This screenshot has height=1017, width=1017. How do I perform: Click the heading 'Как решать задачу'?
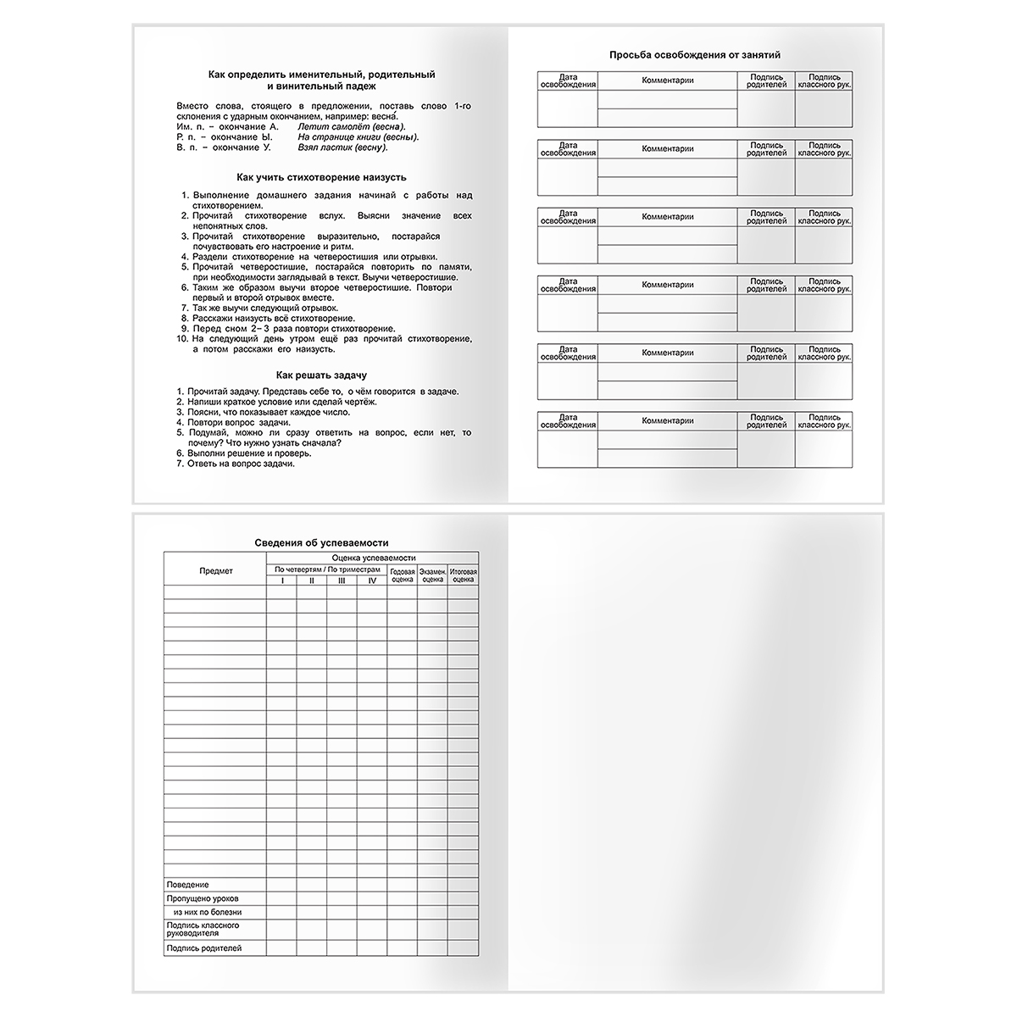pyautogui.click(x=321, y=375)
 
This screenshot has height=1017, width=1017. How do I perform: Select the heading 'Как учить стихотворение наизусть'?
pyautogui.click(x=321, y=177)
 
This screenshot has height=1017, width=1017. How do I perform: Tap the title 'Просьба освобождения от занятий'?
pyautogui.click(x=695, y=55)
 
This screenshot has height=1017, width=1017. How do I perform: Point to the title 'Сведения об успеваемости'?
pyautogui.click(x=322, y=542)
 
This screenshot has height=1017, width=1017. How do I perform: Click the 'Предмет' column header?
pyautogui.click(x=215, y=571)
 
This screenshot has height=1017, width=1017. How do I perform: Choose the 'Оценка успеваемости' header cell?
pyautogui.click(x=373, y=558)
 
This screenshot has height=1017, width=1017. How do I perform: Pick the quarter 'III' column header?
pyautogui.click(x=342, y=581)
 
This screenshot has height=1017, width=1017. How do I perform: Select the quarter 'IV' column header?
pyautogui.click(x=372, y=581)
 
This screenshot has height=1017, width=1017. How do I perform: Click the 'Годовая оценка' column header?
pyautogui.click(x=403, y=575)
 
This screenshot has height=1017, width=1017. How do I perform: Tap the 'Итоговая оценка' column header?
pyautogui.click(x=464, y=575)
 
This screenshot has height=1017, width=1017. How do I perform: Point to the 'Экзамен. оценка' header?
pyautogui.click(x=432, y=575)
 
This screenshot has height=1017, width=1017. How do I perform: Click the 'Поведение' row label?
pyautogui.click(x=188, y=885)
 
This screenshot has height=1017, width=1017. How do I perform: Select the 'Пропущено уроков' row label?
pyautogui.click(x=203, y=898)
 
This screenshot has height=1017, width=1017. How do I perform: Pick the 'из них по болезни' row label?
pyautogui.click(x=208, y=913)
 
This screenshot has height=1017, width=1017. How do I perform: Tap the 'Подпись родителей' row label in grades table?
pyautogui.click(x=205, y=948)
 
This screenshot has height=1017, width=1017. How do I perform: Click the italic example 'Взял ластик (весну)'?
pyautogui.click(x=342, y=147)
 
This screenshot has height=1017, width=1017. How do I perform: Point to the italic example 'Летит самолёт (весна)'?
pyautogui.click(x=347, y=126)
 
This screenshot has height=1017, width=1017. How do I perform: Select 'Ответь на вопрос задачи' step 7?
pyautogui.click(x=241, y=464)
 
